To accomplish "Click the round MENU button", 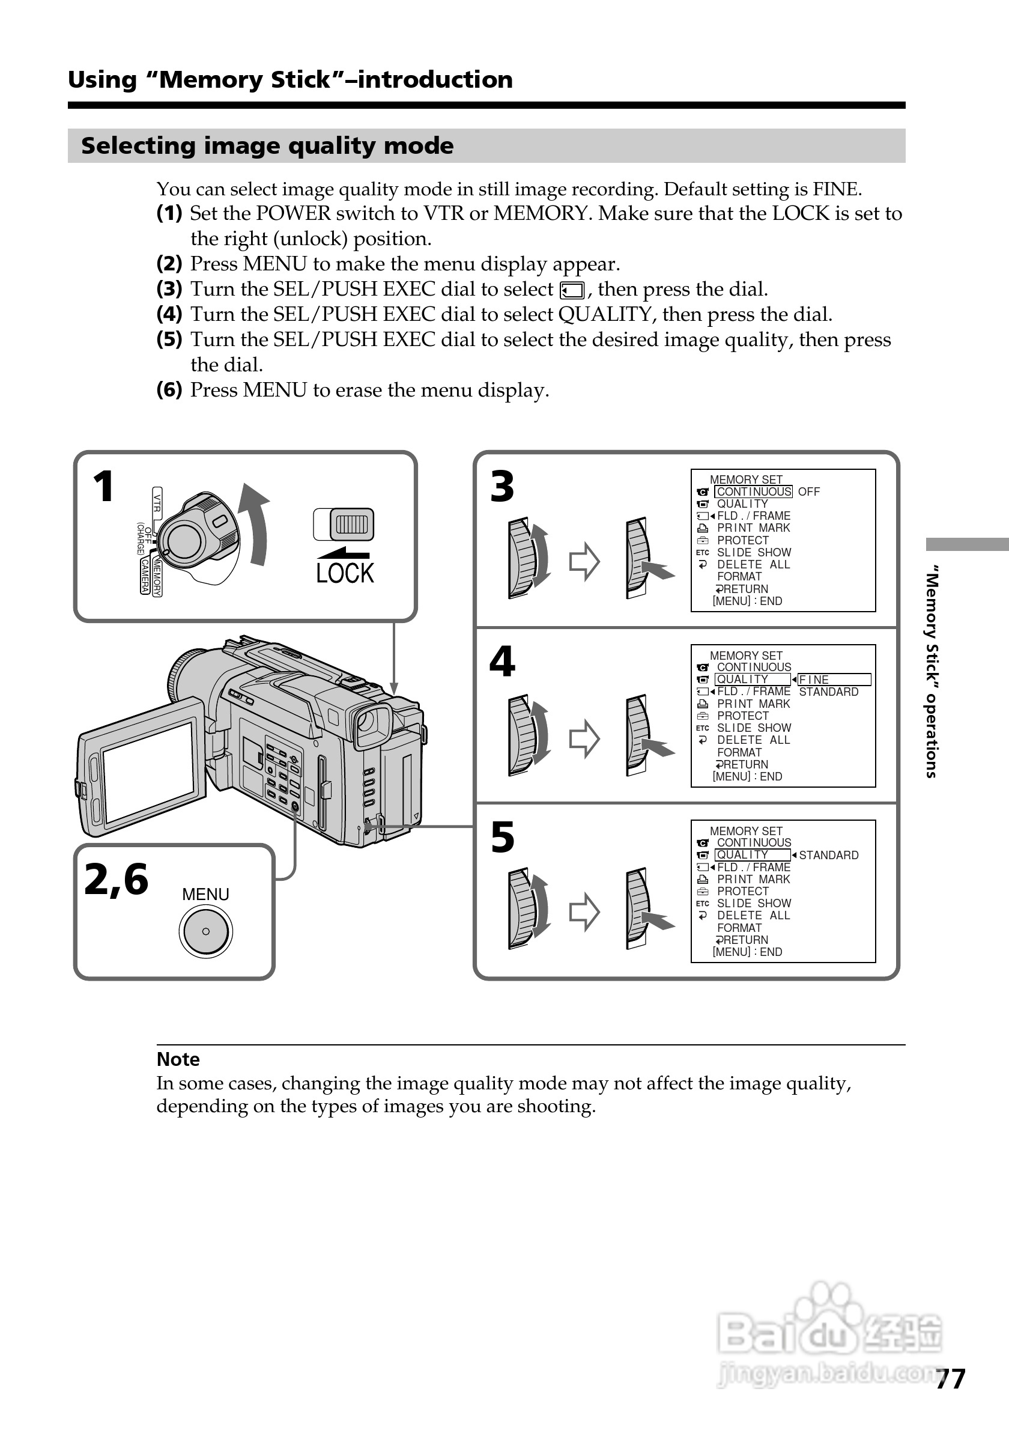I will [205, 931].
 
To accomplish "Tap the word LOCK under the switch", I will [345, 573].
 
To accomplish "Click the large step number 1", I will [104, 487].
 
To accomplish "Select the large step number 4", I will [502, 662].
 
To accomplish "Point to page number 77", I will [950, 1379].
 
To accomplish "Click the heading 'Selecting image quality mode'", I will [267, 146].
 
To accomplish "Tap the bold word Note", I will [178, 1059].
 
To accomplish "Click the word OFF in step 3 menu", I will [808, 492].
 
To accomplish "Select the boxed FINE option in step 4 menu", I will [833, 680].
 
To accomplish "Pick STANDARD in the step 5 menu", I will [828, 855].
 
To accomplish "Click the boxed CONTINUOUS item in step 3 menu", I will [753, 492].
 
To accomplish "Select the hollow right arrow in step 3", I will [584, 561].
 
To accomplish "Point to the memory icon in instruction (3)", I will [571, 291].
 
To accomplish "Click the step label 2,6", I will [117, 880].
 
